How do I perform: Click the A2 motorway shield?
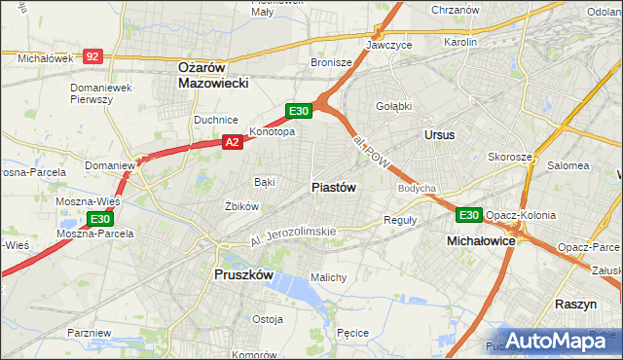(x=232, y=142)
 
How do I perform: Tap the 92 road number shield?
(x=92, y=57)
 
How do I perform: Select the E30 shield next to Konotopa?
(x=298, y=111)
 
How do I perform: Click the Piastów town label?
(x=333, y=187)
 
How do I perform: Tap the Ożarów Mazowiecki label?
(x=213, y=75)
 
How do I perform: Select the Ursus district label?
(x=439, y=135)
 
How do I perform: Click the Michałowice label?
(x=480, y=239)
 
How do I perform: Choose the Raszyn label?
(x=575, y=304)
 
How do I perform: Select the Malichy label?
(x=328, y=277)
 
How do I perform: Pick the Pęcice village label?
(x=351, y=333)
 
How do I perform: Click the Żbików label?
(x=240, y=206)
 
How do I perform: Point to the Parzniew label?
(x=89, y=333)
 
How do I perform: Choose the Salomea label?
(x=567, y=165)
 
